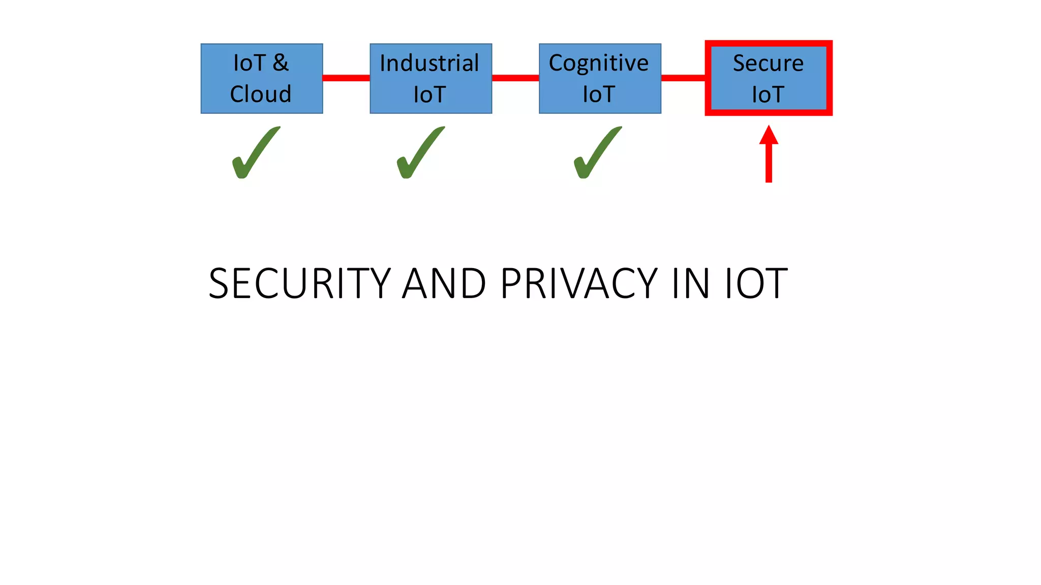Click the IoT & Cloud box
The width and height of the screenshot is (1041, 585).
[x=262, y=78]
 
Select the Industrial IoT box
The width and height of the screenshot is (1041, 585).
[x=431, y=78]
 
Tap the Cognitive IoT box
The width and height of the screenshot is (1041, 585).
[x=600, y=78]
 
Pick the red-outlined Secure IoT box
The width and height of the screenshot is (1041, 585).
[x=768, y=78]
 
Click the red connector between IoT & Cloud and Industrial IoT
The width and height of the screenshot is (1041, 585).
[x=346, y=78]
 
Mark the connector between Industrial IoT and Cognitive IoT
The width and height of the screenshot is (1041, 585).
[x=515, y=78]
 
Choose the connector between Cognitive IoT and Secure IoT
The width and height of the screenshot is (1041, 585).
[x=683, y=78]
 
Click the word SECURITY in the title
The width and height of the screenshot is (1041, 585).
[x=299, y=283]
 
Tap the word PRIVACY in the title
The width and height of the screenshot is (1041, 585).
[x=579, y=283]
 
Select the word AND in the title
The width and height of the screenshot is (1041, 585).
[x=444, y=283]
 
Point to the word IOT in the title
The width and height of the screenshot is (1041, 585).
[x=756, y=283]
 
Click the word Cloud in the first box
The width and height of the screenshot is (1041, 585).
[x=261, y=94]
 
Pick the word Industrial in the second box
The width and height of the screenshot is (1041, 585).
[x=430, y=63]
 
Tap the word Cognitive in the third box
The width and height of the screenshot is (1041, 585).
[x=599, y=63]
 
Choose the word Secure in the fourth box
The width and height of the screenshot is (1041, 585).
[x=768, y=63]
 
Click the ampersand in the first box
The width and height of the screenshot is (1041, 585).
[x=281, y=63]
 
